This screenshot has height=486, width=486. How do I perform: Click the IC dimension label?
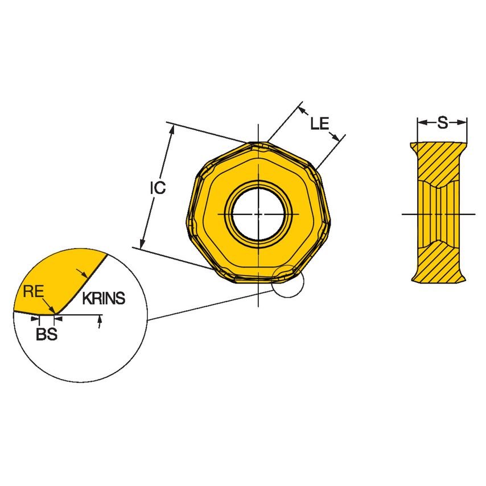pyautogui.click(x=158, y=188)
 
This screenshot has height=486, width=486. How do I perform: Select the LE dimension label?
pyautogui.click(x=319, y=123)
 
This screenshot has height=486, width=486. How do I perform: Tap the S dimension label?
pyautogui.click(x=442, y=121)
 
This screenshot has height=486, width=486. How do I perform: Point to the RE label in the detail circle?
pyautogui.click(x=33, y=293)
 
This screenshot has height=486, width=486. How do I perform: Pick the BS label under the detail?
pyautogui.click(x=47, y=335)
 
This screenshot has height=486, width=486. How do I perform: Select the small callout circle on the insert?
pyautogui.click(x=288, y=281)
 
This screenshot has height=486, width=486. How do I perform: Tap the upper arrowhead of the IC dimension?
pyautogui.click(x=171, y=130)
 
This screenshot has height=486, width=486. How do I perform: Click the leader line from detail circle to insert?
pyautogui.click(x=211, y=304)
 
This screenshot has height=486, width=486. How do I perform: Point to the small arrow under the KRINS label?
pyautogui.click(x=100, y=323)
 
